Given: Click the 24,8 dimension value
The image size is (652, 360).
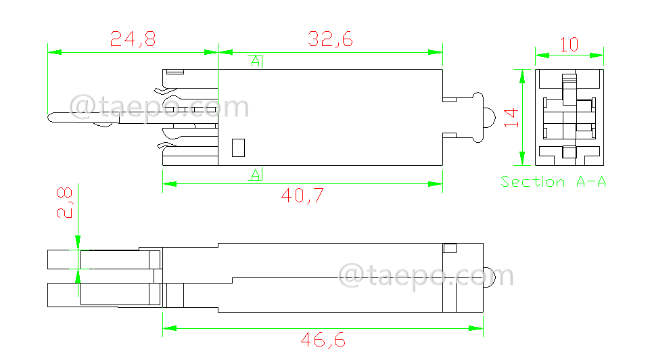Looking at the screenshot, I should pyautogui.click(x=133, y=39).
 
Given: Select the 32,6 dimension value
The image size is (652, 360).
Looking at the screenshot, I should pyautogui.click(x=330, y=39).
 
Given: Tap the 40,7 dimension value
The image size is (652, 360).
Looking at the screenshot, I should pyautogui.click(x=302, y=196).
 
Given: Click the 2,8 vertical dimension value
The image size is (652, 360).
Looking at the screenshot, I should pyautogui.click(x=64, y=202).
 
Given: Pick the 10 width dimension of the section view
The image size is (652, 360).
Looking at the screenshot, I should pyautogui.click(x=569, y=45).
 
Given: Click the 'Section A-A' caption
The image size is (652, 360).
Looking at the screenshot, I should pyautogui.click(x=553, y=181).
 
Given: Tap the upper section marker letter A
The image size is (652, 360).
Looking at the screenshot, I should pyautogui.click(x=256, y=62).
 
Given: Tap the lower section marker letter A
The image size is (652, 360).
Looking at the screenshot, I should pyautogui.click(x=256, y=175).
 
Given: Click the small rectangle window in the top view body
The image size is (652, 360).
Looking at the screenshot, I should pyautogui.click(x=237, y=148).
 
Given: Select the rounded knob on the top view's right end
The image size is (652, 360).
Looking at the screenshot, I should pyautogui.click(x=488, y=116).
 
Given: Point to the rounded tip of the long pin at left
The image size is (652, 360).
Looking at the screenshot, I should pyautogui.click(x=52, y=118).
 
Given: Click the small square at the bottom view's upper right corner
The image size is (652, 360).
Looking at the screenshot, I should pyautogui.click(x=449, y=248).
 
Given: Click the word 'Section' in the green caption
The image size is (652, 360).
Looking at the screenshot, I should pyautogui.click(x=532, y=181).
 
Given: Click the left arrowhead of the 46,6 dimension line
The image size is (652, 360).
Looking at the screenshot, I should pyautogui.click(x=167, y=328).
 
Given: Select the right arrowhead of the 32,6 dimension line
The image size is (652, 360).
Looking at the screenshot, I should pyautogui.click(x=438, y=52).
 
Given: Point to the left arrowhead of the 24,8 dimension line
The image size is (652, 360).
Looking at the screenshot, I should pyautogui.click(x=52, y=52).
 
